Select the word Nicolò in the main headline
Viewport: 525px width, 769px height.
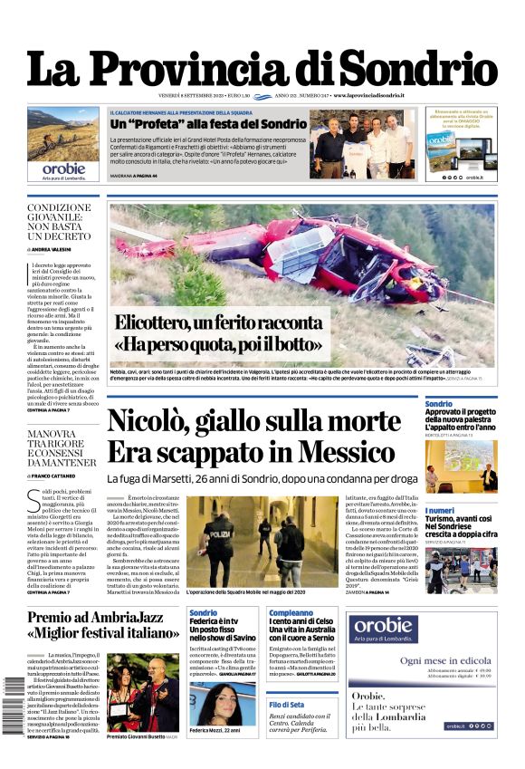[x=154, y=422]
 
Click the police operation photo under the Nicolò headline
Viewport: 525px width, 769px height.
[x=262, y=541]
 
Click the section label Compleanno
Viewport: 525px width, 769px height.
[x=291, y=613]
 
